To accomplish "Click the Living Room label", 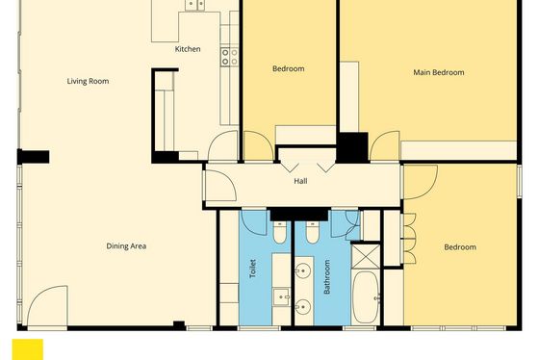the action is pyautogui.click(x=88, y=81).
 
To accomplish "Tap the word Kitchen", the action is pyautogui.click(x=188, y=49).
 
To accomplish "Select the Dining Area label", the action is pyautogui.click(x=126, y=246).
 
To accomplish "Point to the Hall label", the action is pyautogui.click(x=300, y=181).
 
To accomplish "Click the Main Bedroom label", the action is pyautogui.click(x=439, y=72).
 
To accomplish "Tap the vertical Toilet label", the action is pyautogui.click(x=252, y=269).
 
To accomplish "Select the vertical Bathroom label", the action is pyautogui.click(x=326, y=277).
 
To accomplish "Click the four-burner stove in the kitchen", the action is pyautogui.click(x=229, y=57).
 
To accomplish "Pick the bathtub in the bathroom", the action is pyautogui.click(x=366, y=297).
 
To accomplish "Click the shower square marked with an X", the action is pyautogui.click(x=366, y=256).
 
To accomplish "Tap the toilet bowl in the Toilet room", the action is pyautogui.click(x=279, y=232).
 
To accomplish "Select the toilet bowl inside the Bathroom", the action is pyautogui.click(x=313, y=232).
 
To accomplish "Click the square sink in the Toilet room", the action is pyautogui.click(x=281, y=297).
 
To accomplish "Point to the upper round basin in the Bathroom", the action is pyautogui.click(x=303, y=270).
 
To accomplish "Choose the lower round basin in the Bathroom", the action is pyautogui.click(x=303, y=307).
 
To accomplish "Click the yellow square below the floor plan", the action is pyautogui.click(x=28, y=349).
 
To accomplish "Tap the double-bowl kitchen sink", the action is pyautogui.click(x=195, y=5).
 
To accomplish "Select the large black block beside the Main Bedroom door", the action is pyautogui.click(x=352, y=147).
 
